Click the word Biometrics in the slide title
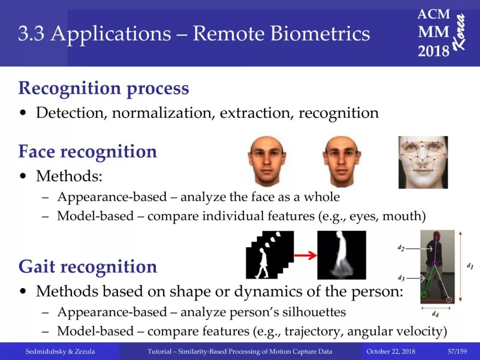pyautogui.click(x=320, y=33)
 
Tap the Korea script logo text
pyautogui.click(x=459, y=32)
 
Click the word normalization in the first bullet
pyautogui.click(x=162, y=113)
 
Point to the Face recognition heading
pyautogui.click(x=88, y=152)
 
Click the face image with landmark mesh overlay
pyautogui.click(x=423, y=162)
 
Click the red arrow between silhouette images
pyautogui.click(x=305, y=255)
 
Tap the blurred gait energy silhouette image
pyautogui.click(x=342, y=255)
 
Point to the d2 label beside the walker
pyautogui.click(x=401, y=248)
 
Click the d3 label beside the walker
pyautogui.click(x=401, y=278)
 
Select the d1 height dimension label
pyautogui.click(x=470, y=266)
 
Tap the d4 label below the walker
pyautogui.click(x=435, y=314)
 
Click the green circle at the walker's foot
pyautogui.click(x=424, y=295)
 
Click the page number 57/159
pyautogui.click(x=457, y=352)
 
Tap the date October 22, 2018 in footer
pyautogui.click(x=391, y=352)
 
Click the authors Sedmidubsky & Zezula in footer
pyautogui.click(x=60, y=352)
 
